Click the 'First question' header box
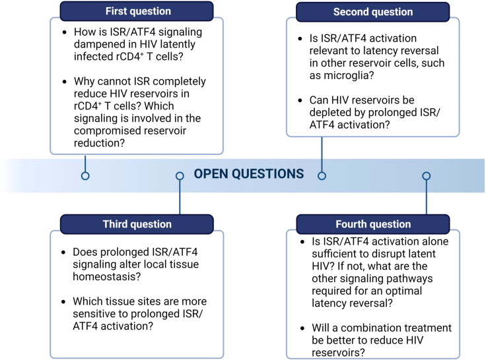tap(137, 11)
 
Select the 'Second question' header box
tap(372, 12)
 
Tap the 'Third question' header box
tap(137, 224)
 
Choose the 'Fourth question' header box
tap(372, 224)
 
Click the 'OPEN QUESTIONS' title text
tap(249, 175)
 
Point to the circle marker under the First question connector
tap(85, 176)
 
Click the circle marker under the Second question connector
tap(322, 176)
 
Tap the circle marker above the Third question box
tap(180, 176)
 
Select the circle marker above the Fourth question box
tap(427, 176)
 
